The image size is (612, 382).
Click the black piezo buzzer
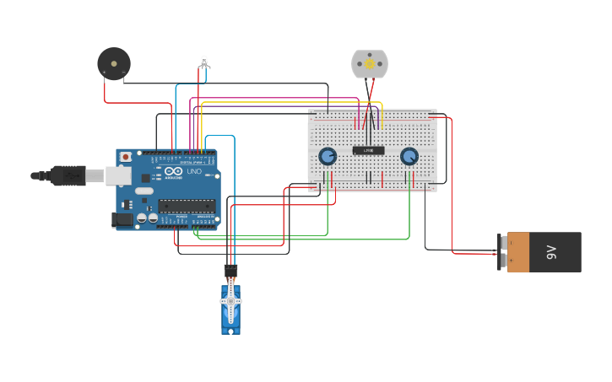[x=113, y=63]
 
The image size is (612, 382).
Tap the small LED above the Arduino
[x=203, y=61]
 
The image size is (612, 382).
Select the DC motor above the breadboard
[x=369, y=64]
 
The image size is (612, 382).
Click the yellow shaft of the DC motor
[x=369, y=64]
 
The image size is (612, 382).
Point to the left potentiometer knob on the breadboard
[x=328, y=156]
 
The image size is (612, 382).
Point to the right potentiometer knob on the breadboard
[x=409, y=156]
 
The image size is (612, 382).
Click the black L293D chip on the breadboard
[x=368, y=151]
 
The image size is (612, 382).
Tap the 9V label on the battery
[x=553, y=252]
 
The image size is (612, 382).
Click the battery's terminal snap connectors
[x=503, y=252]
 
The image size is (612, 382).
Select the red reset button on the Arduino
[x=126, y=157]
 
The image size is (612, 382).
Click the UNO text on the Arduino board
[x=193, y=171]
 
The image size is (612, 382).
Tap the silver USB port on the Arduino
[x=116, y=175]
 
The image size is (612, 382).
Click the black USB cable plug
[x=68, y=175]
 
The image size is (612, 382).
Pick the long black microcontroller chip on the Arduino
[x=187, y=205]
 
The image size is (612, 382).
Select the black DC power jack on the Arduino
[x=122, y=219]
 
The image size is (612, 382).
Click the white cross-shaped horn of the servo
[x=230, y=301]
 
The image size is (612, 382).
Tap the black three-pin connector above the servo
[x=230, y=271]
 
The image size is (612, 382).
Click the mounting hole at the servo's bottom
[x=230, y=329]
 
